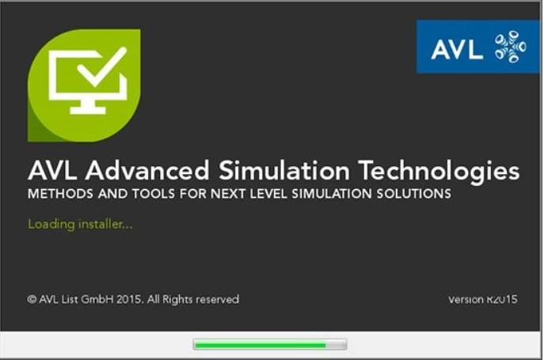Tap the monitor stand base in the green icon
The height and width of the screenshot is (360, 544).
[x=88, y=111]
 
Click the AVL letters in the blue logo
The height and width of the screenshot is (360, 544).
[x=457, y=49]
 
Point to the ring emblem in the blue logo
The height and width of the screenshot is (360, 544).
[x=510, y=47]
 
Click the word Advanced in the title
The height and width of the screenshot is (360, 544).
[x=147, y=171]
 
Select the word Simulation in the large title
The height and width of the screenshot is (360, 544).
[x=284, y=171]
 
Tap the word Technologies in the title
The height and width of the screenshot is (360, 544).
[x=439, y=172]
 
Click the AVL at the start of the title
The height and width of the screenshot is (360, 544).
[x=52, y=171]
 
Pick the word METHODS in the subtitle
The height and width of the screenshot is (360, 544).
[x=60, y=194]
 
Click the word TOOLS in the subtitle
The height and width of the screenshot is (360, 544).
[x=154, y=194]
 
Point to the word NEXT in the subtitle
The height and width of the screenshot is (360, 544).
[x=228, y=194]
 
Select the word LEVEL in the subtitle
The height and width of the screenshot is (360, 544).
[x=268, y=194]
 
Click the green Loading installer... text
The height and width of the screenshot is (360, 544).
[x=80, y=225]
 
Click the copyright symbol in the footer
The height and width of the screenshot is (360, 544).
[x=32, y=299]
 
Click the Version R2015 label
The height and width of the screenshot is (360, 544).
[x=482, y=299]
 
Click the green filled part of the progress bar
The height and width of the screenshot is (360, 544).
[x=261, y=345]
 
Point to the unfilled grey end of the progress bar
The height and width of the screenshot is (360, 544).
[x=336, y=345]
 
